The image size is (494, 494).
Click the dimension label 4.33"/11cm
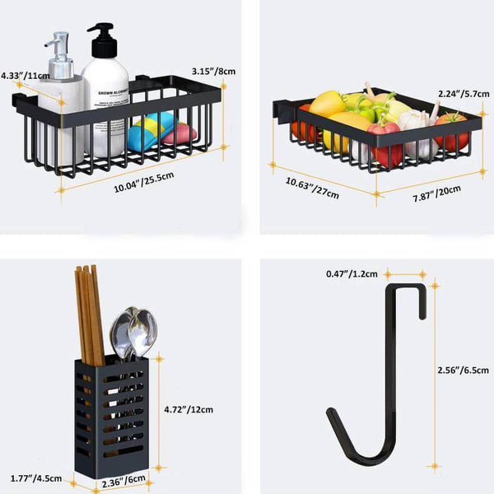click(x=25, y=75)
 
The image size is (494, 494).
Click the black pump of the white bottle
click(x=101, y=40)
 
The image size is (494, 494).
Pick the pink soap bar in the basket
click(x=181, y=133)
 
